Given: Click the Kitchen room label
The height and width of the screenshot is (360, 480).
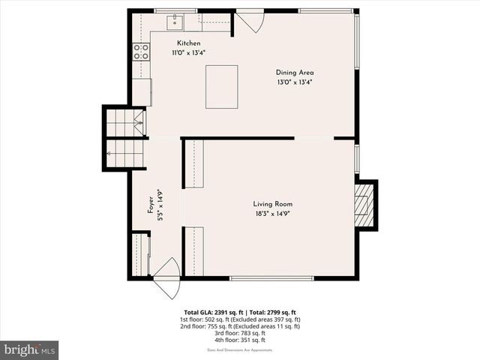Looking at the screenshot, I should click(x=188, y=43).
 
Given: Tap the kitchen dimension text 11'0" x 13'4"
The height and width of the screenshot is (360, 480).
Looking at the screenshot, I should click(x=188, y=52).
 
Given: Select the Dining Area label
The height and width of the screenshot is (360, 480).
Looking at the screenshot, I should click(x=294, y=73).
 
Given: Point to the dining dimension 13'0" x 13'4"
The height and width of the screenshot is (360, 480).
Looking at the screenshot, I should click(x=294, y=82).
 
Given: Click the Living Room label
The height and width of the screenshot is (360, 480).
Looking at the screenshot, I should click(x=272, y=204).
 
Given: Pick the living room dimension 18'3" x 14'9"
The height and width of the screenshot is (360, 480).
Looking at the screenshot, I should click(x=272, y=213).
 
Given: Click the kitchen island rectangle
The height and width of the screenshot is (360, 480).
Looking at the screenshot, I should click(x=221, y=86).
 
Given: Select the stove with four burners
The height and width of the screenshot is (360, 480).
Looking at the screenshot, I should click(x=140, y=51).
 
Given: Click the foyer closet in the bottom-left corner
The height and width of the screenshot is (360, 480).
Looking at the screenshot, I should click(x=140, y=255).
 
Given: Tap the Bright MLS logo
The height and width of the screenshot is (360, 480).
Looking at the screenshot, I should click(x=30, y=349).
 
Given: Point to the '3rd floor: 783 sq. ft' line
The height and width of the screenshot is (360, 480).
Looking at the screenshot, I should click(x=239, y=333).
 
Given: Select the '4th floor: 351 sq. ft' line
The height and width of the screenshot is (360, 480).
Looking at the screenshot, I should click(x=239, y=340).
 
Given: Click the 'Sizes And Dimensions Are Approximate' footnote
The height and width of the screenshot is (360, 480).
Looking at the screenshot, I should click(x=239, y=350).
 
